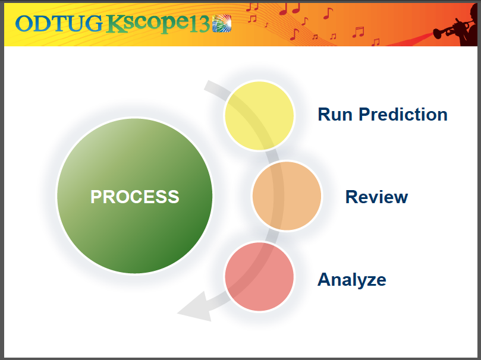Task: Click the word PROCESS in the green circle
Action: coord(134,197)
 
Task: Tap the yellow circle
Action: coord(259,115)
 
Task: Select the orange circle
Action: coord(287,196)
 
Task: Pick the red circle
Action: coord(259,277)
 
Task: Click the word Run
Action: coord(336,114)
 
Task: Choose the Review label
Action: coord(376,197)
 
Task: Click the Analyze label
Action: coord(351,279)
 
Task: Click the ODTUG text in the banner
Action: coord(59,23)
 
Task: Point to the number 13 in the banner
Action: coord(200,24)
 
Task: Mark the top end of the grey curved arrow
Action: coord(208,86)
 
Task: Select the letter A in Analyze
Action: coord(325,279)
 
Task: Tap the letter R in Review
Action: coord(351,197)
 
